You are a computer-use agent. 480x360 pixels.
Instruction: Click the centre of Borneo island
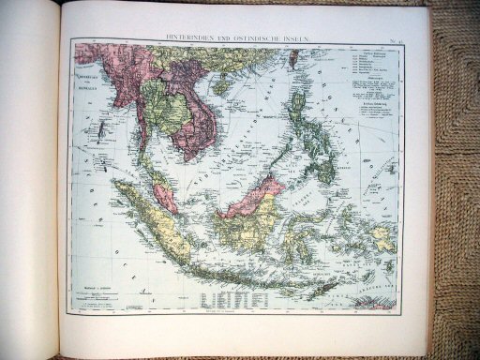coord(248,206)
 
